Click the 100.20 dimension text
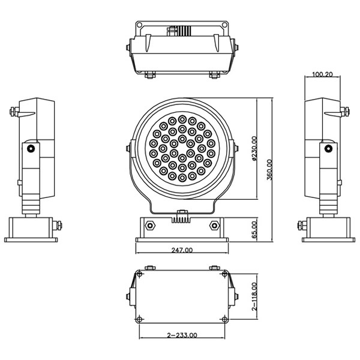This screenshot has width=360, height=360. point(322,75)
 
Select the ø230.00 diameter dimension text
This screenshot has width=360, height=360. point(254,149)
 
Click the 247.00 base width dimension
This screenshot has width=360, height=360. point(182,250)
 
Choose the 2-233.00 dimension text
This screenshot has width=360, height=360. point(182,336)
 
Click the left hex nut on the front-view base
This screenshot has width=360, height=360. point(149,226)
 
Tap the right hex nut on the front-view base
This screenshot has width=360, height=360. point(214,226)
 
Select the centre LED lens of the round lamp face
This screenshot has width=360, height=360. point(182,150)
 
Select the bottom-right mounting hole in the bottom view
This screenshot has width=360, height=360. point(224,318)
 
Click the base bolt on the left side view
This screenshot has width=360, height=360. point(58,225)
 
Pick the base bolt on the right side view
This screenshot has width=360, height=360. point(301,226)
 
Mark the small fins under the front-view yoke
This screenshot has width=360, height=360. point(182,220)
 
